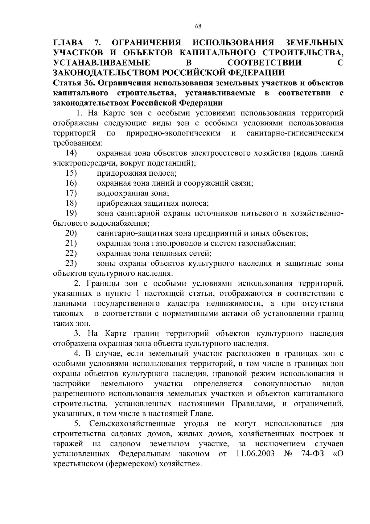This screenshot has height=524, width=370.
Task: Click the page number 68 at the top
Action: point(198,27)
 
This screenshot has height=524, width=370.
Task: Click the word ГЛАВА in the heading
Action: point(68,42)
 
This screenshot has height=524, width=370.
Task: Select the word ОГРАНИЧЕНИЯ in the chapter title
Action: point(146,42)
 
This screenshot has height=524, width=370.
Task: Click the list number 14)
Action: point(71,153)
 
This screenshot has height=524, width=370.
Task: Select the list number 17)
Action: point(71,193)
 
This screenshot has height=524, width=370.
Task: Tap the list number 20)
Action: point(71,233)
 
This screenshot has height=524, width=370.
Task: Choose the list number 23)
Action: point(71,263)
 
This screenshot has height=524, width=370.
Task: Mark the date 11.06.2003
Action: point(255,454)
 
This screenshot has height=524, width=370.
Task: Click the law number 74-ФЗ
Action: point(312,454)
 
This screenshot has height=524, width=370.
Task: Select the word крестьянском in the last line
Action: point(78,464)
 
